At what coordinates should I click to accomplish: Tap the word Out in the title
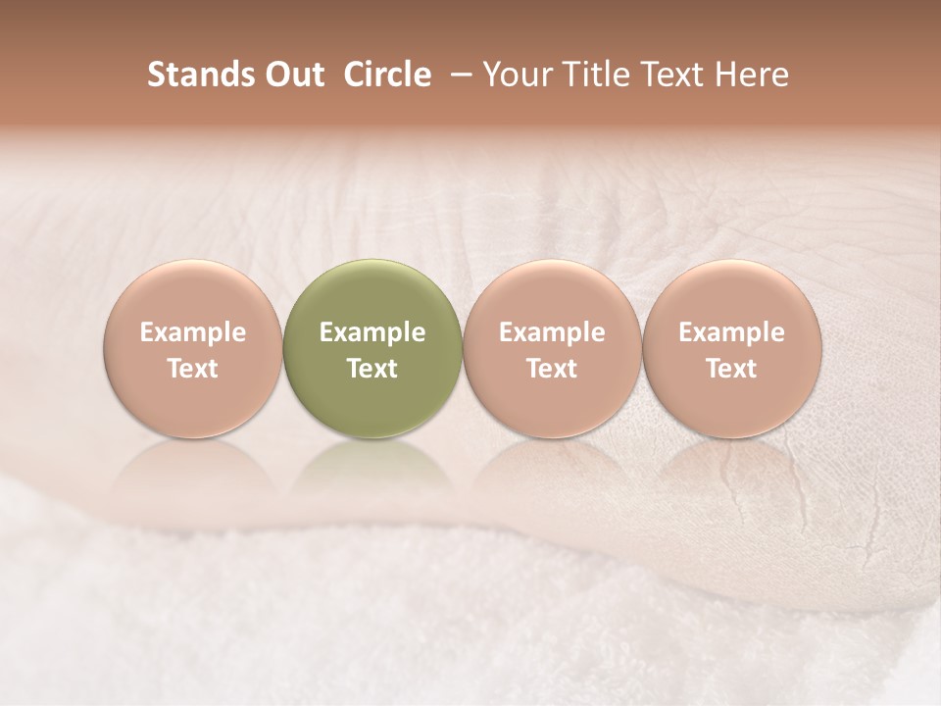[292, 75]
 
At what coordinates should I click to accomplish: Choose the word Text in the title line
[674, 75]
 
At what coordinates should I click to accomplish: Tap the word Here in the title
[752, 75]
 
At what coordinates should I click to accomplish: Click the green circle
[371, 349]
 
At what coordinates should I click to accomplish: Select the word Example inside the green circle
[372, 332]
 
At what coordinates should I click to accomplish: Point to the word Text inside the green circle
[372, 369]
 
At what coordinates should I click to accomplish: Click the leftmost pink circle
[192, 349]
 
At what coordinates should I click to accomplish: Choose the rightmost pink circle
[731, 349]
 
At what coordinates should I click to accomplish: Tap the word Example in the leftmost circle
[193, 332]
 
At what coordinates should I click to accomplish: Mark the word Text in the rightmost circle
[731, 369]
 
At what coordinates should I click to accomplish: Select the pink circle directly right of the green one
[552, 349]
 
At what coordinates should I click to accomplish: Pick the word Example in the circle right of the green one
[552, 332]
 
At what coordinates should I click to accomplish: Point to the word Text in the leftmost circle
[193, 369]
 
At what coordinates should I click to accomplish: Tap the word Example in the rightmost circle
[731, 332]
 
